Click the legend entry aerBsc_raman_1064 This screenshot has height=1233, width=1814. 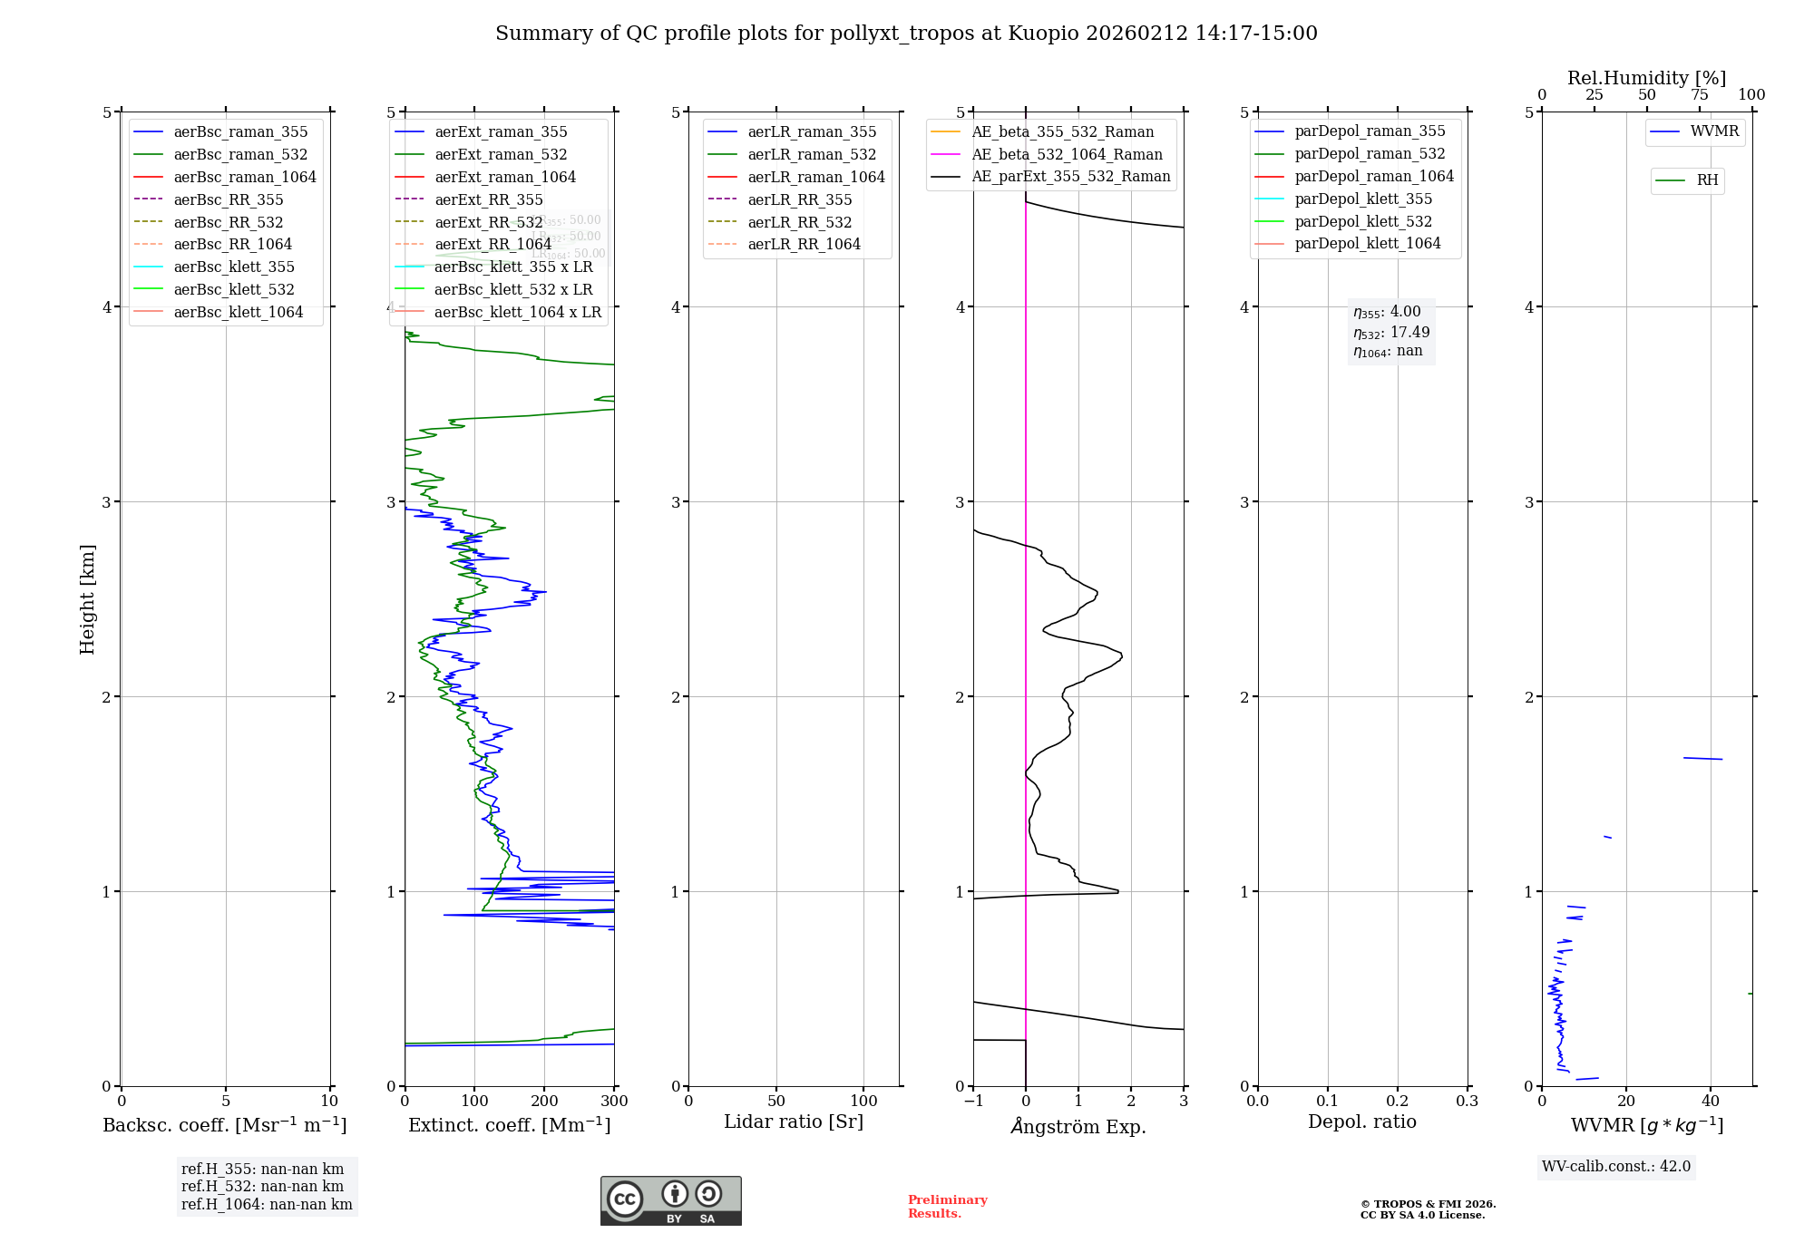245,177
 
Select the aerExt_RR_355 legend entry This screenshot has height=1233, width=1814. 488,199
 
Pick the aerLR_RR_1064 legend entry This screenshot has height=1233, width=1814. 804,244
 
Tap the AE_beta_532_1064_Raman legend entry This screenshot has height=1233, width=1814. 1067,154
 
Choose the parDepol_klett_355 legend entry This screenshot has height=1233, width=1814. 1363,199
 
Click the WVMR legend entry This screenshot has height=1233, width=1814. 1714,131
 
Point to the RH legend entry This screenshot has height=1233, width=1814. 1707,180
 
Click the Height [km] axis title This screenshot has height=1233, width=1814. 87,598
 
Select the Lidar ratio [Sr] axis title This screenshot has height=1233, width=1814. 794,1121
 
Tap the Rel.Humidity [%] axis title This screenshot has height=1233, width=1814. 1646,78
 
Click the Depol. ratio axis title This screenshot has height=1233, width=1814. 1361,1121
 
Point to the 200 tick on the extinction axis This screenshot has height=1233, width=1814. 544,1101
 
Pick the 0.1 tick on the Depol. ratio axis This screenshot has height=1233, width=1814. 1328,1101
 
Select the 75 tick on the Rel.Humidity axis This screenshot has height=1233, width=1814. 1699,95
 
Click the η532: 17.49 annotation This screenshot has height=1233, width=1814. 1391,332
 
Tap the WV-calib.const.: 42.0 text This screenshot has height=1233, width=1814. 1615,1166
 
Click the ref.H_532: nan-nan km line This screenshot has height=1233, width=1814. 262,1186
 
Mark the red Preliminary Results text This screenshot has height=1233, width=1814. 947,1206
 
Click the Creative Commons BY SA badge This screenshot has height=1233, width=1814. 670,1200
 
